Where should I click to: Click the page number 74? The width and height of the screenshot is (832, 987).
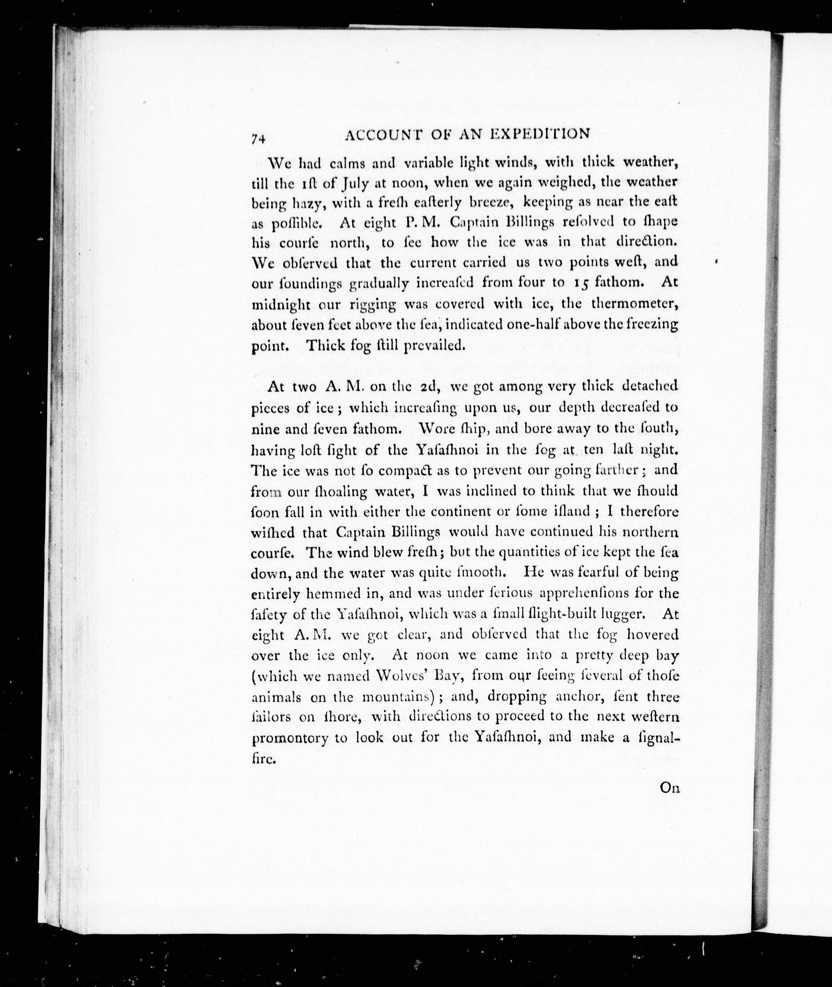click(259, 138)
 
